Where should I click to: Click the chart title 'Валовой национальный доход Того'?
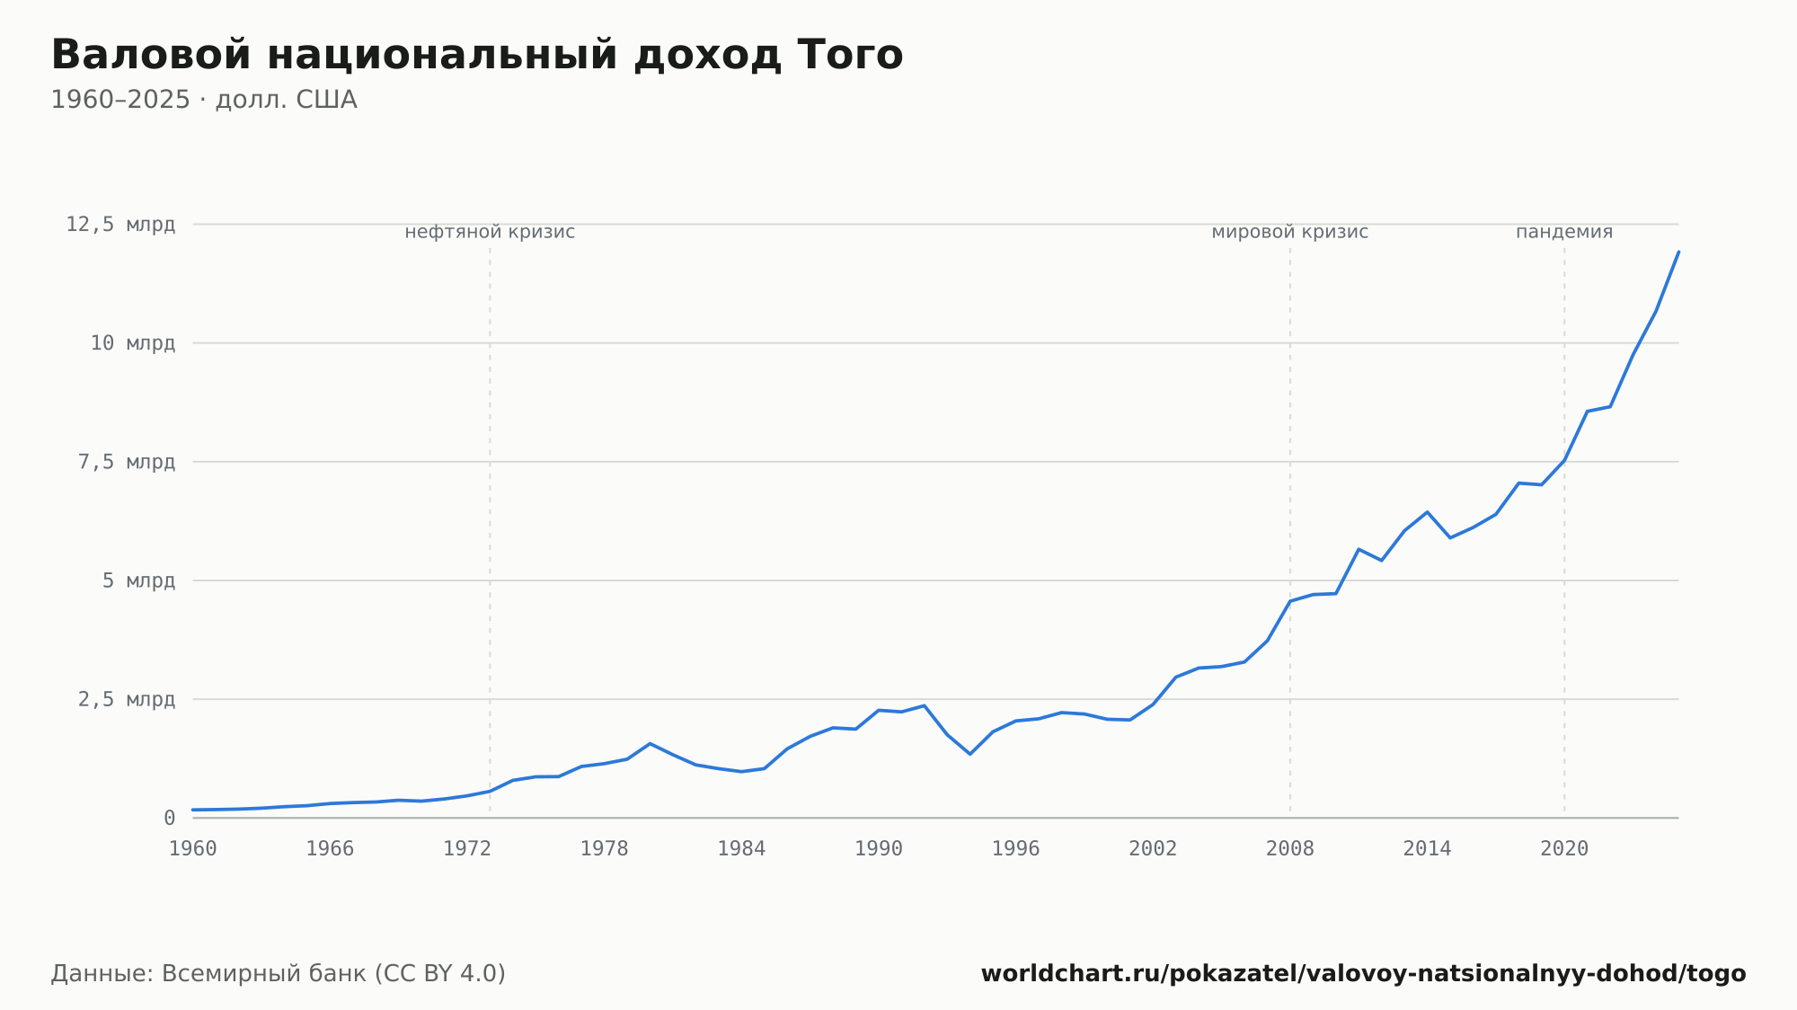coord(477,55)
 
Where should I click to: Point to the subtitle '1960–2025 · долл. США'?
coord(204,100)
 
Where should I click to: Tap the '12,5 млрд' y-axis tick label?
coord(120,225)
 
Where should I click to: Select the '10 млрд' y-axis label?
coord(132,343)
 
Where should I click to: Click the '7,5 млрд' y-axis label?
coord(127,462)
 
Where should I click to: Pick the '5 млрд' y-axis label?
coord(138,580)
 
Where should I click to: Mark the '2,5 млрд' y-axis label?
coord(127,699)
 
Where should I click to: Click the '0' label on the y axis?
coord(169,818)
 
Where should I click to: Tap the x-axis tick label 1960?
coord(193,849)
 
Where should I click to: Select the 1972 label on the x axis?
coord(467,849)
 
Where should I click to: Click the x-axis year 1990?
coord(879,849)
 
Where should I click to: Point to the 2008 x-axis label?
coord(1290,849)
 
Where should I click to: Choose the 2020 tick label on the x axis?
coord(1564,849)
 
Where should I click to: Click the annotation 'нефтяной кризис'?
coord(490,232)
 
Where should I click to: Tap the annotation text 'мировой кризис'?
coord(1290,232)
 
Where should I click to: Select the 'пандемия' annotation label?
coord(1564,232)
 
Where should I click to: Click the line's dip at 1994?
coord(970,754)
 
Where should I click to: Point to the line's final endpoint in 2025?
coord(1678,252)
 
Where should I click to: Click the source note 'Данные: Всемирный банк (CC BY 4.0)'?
coord(279,973)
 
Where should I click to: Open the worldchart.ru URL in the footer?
coord(1363,973)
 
